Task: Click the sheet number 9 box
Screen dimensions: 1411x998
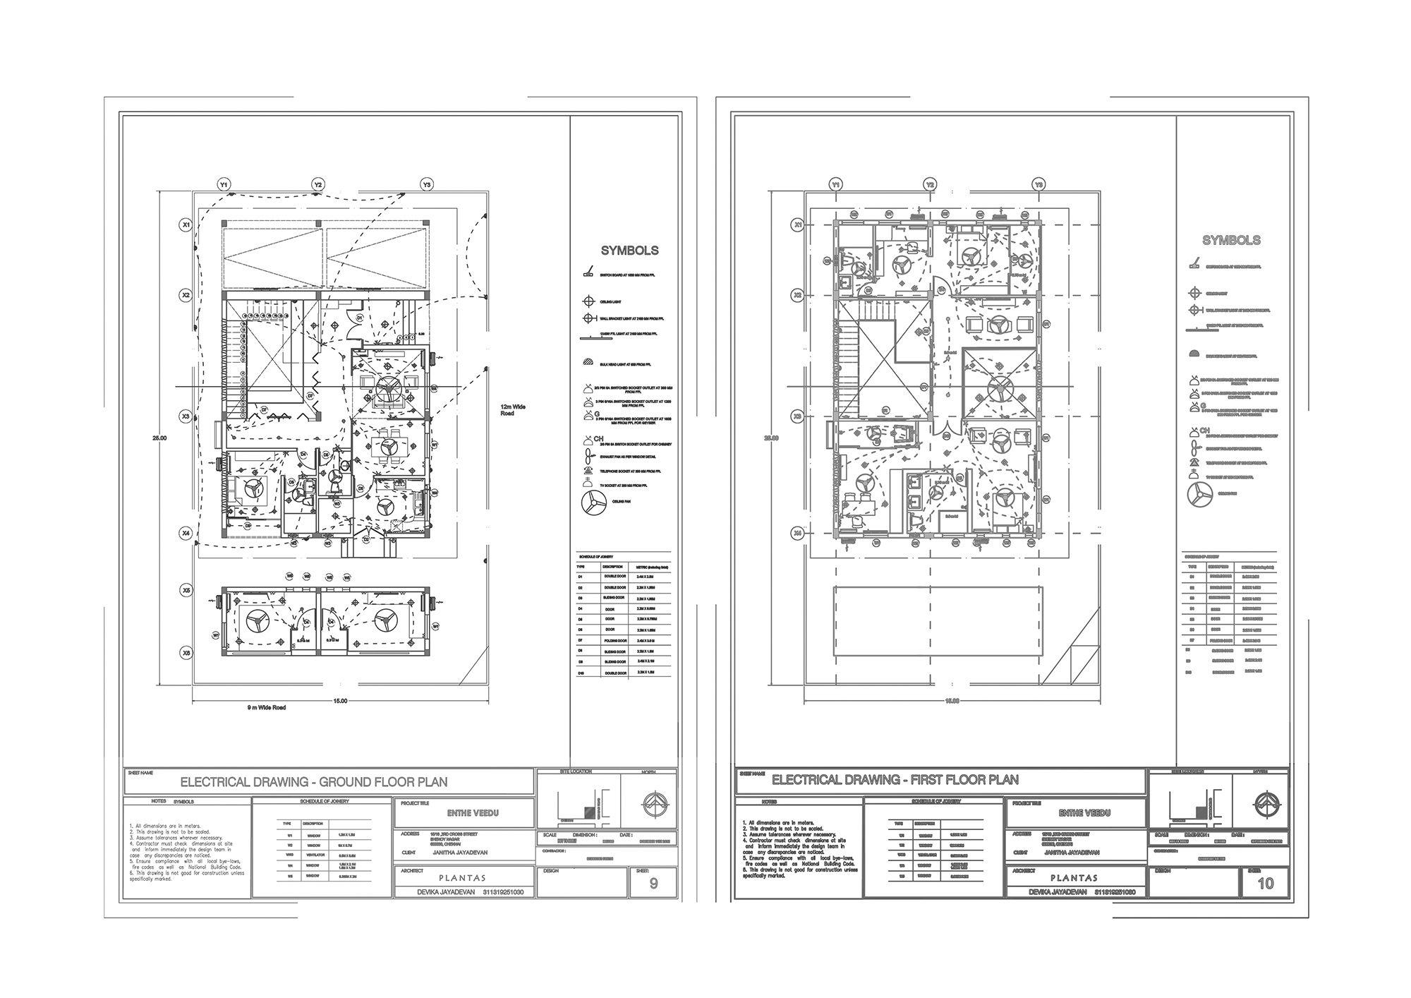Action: click(x=653, y=883)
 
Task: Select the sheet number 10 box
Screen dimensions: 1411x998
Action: click(x=1266, y=883)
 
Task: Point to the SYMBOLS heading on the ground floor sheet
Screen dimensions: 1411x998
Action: click(x=629, y=251)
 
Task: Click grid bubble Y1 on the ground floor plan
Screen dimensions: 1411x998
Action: click(x=224, y=185)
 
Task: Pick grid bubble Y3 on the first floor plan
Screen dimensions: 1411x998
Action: click(x=1038, y=185)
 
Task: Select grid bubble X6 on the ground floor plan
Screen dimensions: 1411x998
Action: click(x=186, y=654)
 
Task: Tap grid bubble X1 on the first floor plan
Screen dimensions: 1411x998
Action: click(x=799, y=225)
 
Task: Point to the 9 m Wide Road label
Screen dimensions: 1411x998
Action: click(x=266, y=707)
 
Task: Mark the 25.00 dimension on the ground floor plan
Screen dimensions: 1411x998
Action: click(x=159, y=438)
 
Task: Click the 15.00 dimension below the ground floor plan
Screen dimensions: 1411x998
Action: click(x=340, y=701)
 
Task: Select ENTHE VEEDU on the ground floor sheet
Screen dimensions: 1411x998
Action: click(x=473, y=813)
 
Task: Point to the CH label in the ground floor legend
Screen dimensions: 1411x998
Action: click(x=599, y=439)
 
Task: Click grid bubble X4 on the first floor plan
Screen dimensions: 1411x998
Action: click(x=799, y=534)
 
